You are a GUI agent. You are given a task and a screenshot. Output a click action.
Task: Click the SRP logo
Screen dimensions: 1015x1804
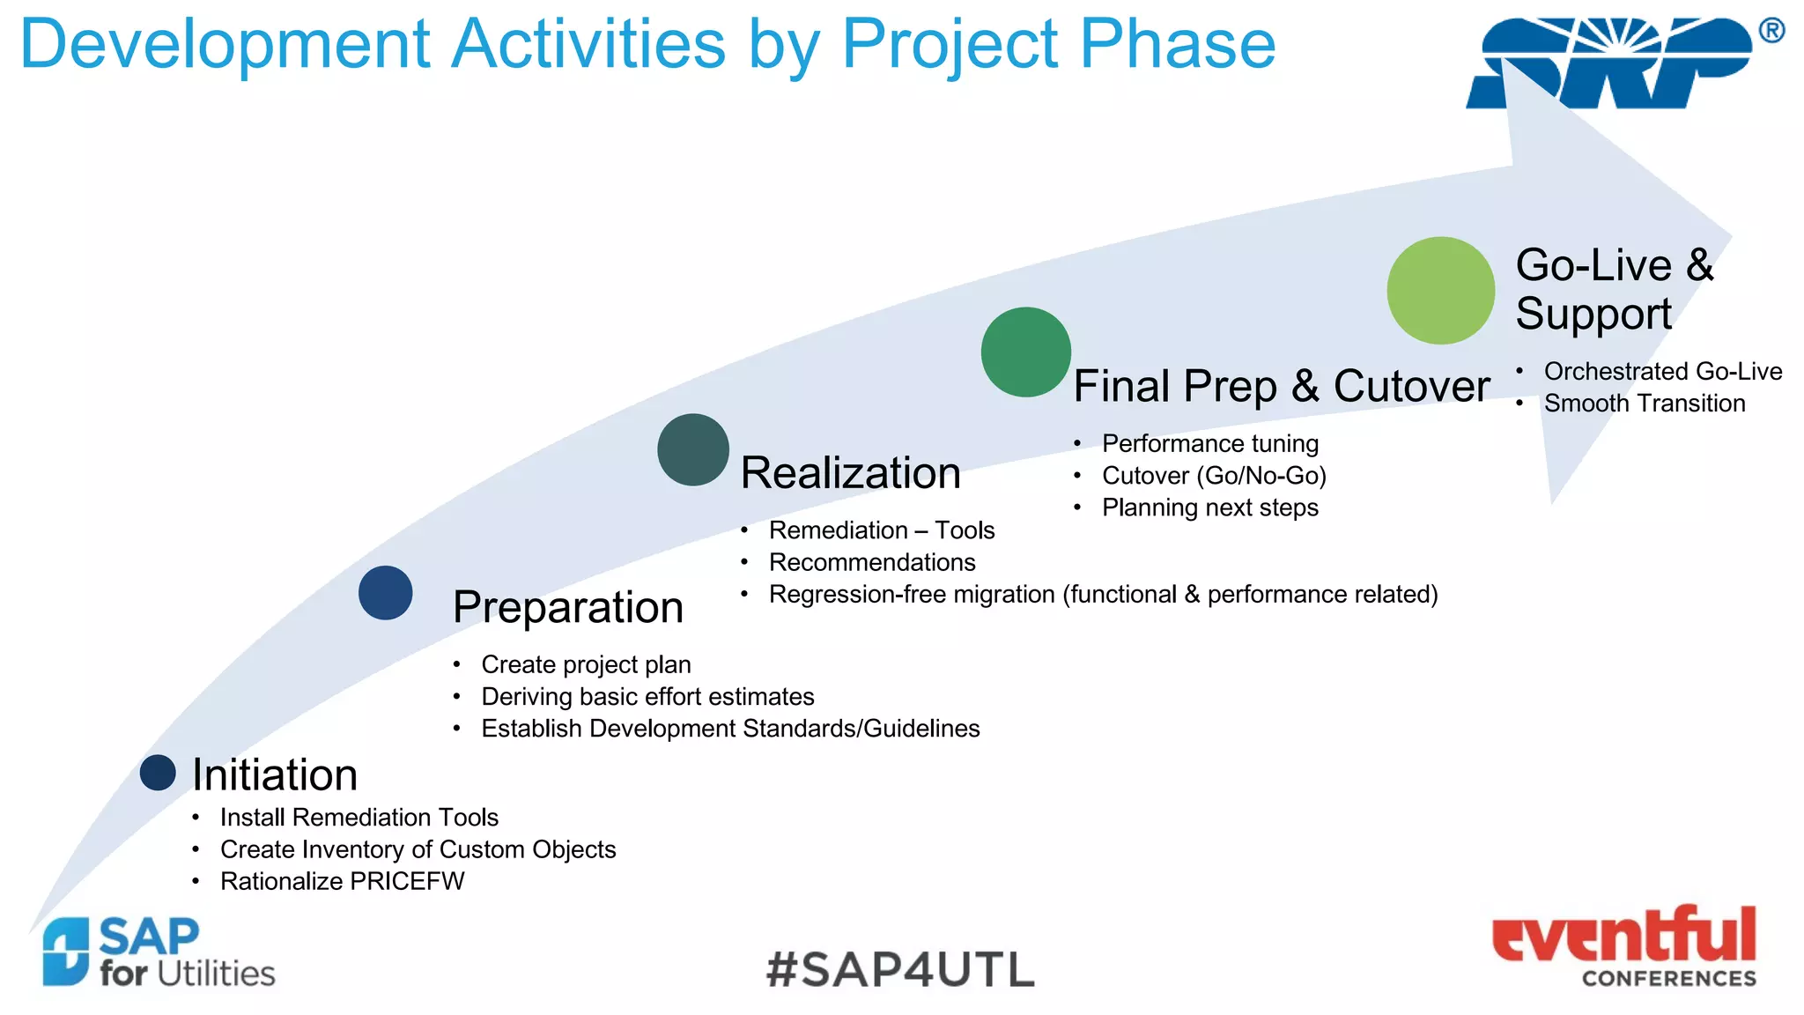tap(1610, 63)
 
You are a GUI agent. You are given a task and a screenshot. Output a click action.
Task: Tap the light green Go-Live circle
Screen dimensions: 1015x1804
tap(1440, 291)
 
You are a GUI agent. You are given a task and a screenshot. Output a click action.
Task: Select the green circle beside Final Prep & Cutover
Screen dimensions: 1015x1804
tap(1025, 352)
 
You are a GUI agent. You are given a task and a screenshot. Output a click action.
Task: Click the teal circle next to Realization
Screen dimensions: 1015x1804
tap(693, 450)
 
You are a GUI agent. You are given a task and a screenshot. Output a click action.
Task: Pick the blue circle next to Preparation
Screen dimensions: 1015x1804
tap(386, 593)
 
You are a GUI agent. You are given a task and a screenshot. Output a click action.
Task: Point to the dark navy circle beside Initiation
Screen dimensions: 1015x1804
tap(158, 773)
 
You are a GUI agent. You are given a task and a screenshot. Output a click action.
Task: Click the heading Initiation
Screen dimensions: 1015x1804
tap(275, 775)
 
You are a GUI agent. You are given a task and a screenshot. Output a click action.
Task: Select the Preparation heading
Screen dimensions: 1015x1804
tap(568, 608)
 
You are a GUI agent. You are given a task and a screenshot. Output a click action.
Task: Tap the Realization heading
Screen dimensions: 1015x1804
tap(850, 473)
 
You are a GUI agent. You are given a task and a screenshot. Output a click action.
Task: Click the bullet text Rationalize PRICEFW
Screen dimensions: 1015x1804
tap(342, 881)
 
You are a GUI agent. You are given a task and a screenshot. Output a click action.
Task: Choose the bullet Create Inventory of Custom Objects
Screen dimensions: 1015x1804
tap(418, 849)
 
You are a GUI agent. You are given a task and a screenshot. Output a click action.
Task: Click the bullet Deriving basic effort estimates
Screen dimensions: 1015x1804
tap(647, 697)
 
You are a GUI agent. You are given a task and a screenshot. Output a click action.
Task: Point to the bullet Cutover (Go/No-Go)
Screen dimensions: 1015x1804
tap(1214, 476)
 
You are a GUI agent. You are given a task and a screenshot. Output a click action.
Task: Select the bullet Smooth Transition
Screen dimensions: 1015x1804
tap(1644, 404)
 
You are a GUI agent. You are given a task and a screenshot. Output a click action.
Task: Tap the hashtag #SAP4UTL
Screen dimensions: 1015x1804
tap(900, 969)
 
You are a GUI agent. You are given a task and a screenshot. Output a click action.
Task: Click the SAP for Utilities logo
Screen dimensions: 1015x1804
tap(159, 953)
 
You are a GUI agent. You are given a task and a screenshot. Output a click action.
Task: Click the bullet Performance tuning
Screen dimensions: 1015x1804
tap(1210, 443)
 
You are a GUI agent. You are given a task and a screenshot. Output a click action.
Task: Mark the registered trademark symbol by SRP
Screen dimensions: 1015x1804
tap(1771, 31)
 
